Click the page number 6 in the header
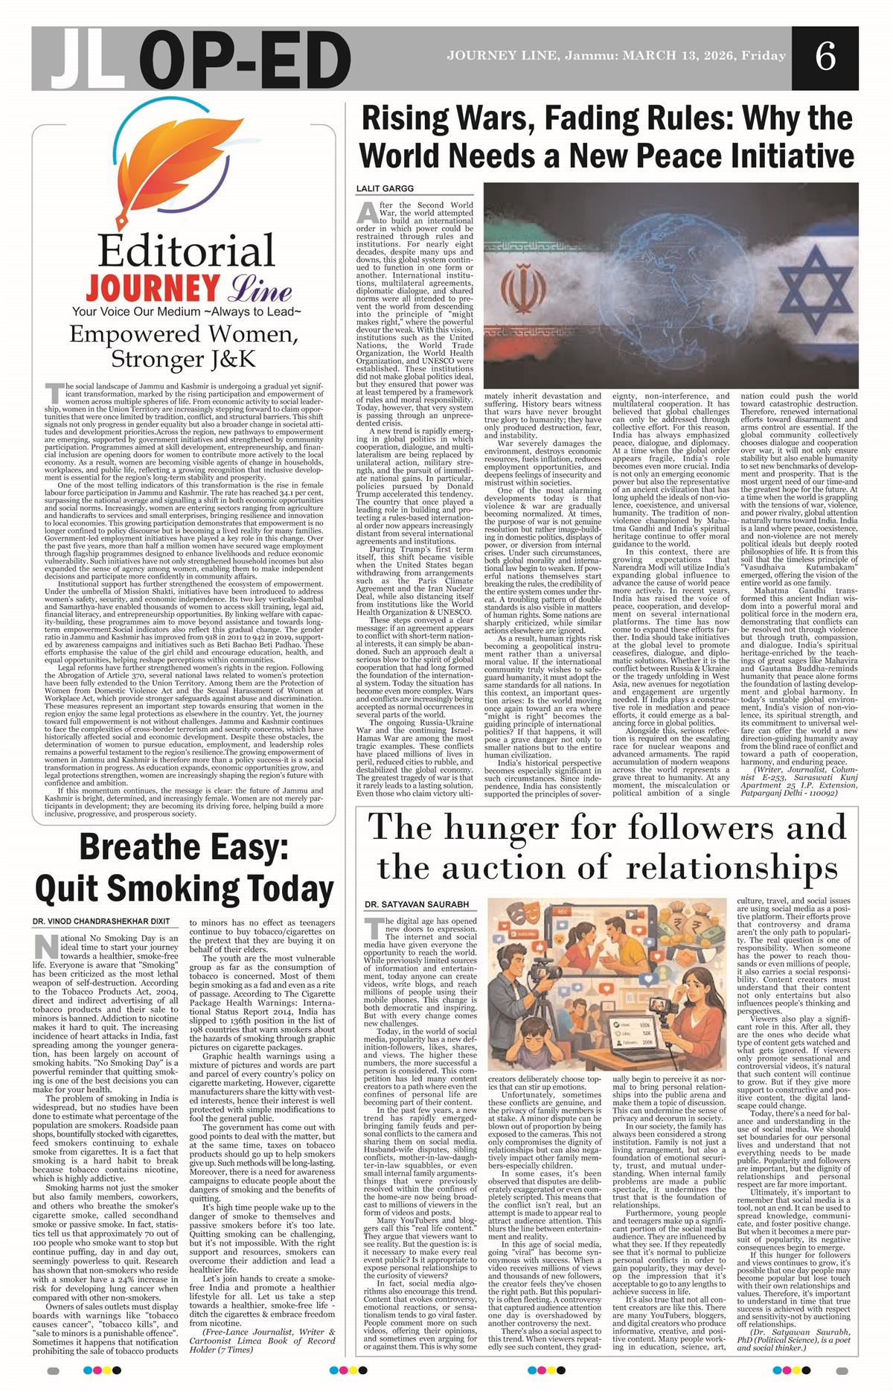(825, 57)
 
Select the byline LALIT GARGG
(384, 189)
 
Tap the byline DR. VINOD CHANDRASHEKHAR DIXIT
(100, 922)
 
